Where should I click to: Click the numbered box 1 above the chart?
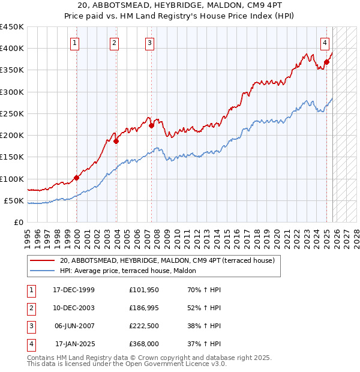74,43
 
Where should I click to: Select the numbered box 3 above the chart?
149,43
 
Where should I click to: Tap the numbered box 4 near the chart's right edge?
325,43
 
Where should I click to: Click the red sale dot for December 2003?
116,141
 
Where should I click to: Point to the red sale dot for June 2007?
151,125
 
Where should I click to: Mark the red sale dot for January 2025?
327,62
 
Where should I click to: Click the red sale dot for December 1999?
77,178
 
